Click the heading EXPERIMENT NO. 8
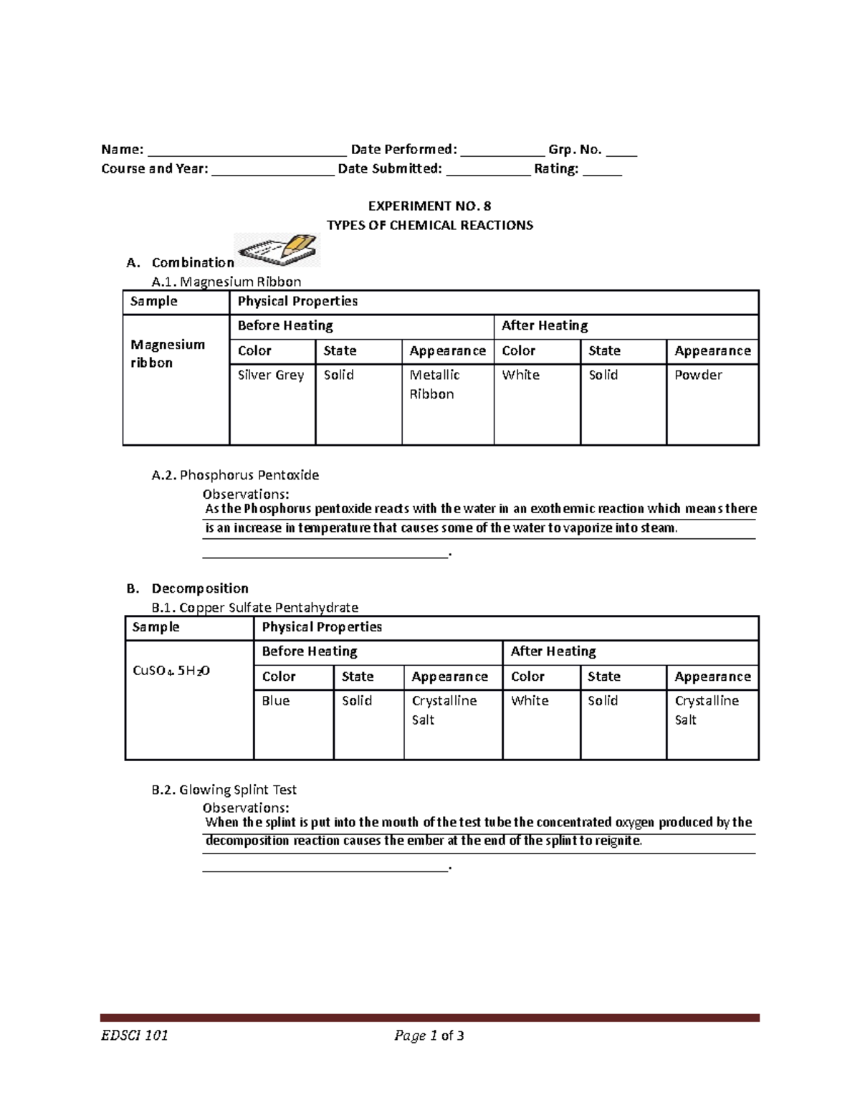(429, 206)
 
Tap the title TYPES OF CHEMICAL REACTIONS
(429, 225)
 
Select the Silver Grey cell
(271, 375)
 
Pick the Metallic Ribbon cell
(434, 384)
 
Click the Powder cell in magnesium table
(698, 375)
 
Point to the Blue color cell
(276, 701)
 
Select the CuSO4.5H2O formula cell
(171, 671)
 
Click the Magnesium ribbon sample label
(167, 353)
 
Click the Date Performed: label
(403, 150)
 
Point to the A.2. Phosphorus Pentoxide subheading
(235, 474)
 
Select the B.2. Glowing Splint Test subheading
(224, 789)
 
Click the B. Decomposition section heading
(187, 588)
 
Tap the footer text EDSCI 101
(134, 1035)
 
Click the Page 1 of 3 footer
(429, 1035)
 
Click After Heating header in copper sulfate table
(553, 651)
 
